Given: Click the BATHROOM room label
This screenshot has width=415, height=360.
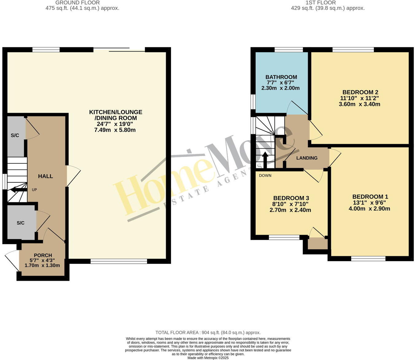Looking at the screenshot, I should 281,77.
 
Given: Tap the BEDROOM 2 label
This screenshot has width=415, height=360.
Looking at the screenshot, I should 360,92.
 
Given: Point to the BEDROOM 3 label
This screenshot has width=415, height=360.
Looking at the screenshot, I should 291,198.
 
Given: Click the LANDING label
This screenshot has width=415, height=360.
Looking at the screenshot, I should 307,158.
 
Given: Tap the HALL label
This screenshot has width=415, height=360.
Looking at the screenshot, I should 45,176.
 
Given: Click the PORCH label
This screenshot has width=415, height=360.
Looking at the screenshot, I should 43,255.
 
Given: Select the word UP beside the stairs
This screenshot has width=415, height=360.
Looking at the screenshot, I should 34,190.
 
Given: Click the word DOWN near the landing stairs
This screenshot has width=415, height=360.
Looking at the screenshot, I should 265,176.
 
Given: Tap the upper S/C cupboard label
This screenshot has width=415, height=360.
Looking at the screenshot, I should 15,135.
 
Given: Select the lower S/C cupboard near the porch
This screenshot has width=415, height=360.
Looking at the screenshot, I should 21,223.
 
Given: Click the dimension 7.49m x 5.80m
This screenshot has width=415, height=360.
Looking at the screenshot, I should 115,130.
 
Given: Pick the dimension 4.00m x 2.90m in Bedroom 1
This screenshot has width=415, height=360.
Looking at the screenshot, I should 369,209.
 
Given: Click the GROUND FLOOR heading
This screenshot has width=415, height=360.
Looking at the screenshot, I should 77,2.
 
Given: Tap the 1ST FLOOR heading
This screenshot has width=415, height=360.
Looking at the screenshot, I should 320,2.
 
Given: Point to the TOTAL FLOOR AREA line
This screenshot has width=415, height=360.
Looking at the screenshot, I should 208,332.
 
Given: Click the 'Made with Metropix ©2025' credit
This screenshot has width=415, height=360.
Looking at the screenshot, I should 208,358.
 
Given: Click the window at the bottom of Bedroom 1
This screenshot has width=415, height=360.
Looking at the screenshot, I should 368,259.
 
